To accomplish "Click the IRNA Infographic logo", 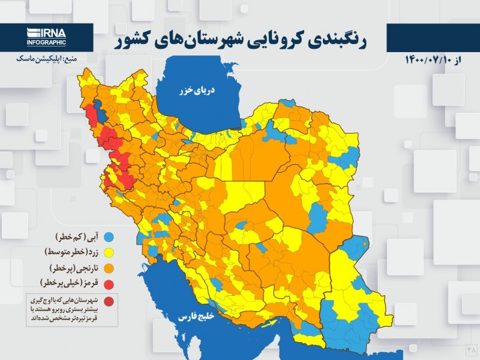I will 47,37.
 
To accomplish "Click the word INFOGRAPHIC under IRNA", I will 47,43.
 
